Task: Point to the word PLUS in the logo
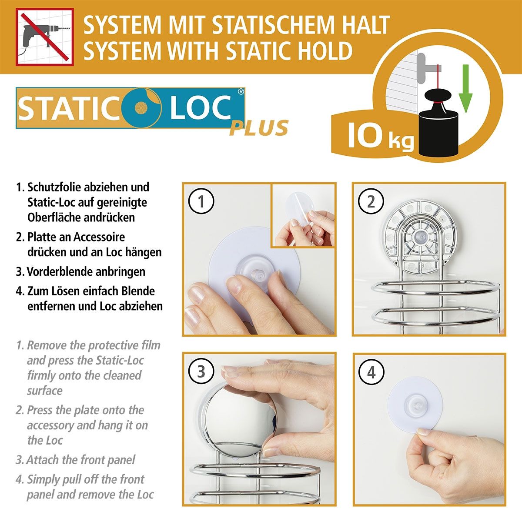(259, 128)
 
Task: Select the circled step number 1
(201, 202)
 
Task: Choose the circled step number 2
(371, 202)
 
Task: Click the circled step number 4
(371, 372)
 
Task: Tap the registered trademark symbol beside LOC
(241, 92)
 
